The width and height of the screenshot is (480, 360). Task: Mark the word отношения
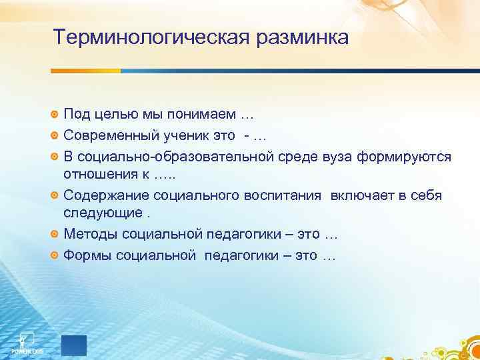pyautogui.click(x=95, y=175)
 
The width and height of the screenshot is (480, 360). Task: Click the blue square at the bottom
pyautogui.click(x=74, y=343)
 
